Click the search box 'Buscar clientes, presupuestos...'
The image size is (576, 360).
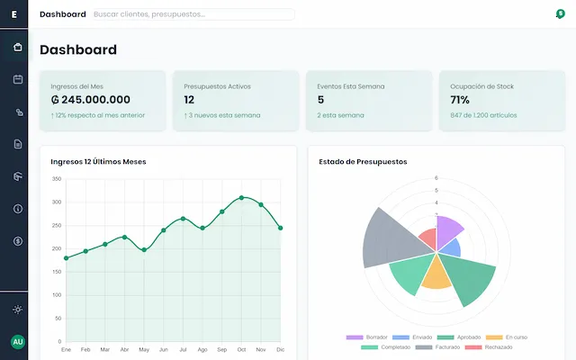tap(193, 14)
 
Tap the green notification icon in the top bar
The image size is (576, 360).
tap(560, 14)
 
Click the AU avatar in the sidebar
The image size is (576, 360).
tap(17, 342)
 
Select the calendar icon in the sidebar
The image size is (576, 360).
tap(18, 79)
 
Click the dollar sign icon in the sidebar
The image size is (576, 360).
tap(18, 241)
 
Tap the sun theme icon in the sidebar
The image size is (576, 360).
tap(18, 310)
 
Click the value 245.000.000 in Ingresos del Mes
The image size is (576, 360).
tap(91, 100)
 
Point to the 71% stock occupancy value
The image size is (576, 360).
tap(459, 100)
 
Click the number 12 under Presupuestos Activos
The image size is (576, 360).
tap(189, 100)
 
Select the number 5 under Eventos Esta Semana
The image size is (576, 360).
tap(321, 100)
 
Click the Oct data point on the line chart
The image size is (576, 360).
tap(241, 197)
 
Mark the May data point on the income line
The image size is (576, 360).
tap(144, 250)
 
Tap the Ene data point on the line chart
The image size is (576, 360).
tap(66, 258)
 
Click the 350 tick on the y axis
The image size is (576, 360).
tap(56, 179)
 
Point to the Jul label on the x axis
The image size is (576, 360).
tap(183, 349)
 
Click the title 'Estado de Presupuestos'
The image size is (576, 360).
tap(363, 162)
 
